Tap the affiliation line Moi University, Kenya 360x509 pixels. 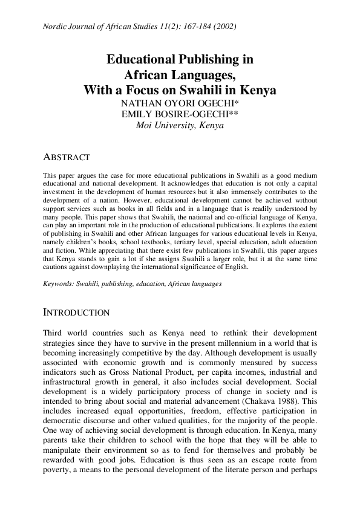pyautogui.click(x=180, y=126)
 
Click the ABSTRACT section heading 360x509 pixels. pyautogui.click(x=67, y=157)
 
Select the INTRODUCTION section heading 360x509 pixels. pyautogui.click(x=76, y=313)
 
